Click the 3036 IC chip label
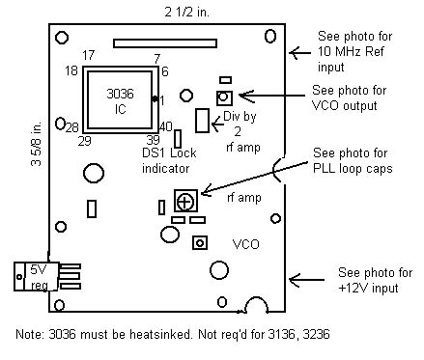tap(120, 101)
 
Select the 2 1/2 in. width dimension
tap(186, 13)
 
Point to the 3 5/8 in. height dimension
tap(37, 144)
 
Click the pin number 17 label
tap(88, 55)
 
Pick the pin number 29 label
tap(85, 141)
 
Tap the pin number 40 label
tap(166, 126)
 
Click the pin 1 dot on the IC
tap(155, 98)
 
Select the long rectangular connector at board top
tap(165, 43)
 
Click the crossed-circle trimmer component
tap(185, 201)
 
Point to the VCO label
tap(245, 244)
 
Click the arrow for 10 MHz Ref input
tap(300, 52)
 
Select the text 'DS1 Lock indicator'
tap(169, 160)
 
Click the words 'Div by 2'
tap(240, 124)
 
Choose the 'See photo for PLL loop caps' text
tap(353, 161)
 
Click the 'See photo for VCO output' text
tap(349, 98)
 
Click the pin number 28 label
tap(72, 127)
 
